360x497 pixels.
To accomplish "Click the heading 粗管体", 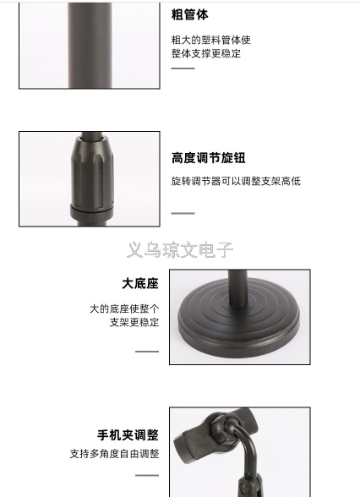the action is pos(190,14).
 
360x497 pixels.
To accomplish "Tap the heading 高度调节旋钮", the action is pos(209,158).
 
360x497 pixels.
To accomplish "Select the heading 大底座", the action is pos(140,283).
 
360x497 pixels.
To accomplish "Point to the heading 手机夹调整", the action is pos(128,434).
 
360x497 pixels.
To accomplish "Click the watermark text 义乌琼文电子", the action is pos(180,250).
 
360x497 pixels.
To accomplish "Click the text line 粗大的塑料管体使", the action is pos(211,40).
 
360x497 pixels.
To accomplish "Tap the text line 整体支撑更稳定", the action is pos(206,53).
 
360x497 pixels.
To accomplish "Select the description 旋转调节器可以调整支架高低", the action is pos(236,181).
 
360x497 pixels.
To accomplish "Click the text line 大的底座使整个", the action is pos(124,309).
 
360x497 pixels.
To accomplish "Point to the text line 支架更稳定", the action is pos(134,322).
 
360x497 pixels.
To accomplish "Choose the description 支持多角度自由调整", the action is pos(114,454).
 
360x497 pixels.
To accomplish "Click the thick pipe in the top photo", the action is pos(90,46).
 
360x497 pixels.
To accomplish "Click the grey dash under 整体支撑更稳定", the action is pos(183,68).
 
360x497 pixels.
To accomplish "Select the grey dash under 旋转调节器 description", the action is pos(183,213).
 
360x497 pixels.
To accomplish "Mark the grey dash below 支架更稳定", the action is pos(147,352).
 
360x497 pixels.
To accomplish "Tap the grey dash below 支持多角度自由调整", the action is pos(147,475).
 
